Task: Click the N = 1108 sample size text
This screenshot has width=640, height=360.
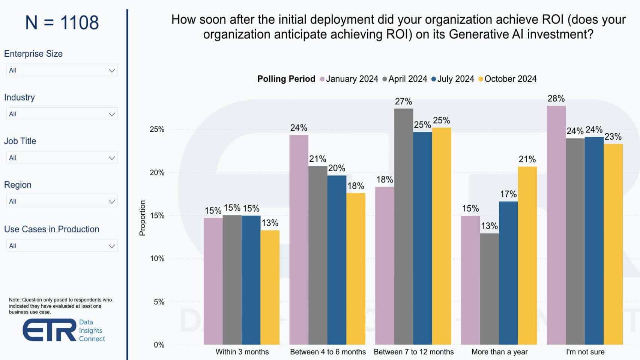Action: click(62, 23)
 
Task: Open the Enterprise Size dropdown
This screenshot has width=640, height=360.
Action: click(62, 70)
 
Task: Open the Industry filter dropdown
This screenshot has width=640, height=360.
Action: click(62, 114)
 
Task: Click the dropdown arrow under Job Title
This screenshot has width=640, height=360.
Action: click(111, 158)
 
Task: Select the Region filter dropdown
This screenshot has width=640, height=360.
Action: click(62, 202)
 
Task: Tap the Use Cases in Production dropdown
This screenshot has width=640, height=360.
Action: click(62, 246)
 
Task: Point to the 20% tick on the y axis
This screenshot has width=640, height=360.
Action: click(157, 173)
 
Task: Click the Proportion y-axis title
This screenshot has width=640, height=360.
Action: click(142, 218)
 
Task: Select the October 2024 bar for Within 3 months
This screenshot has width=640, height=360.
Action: click(270, 287)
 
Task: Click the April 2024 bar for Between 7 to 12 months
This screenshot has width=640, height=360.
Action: click(404, 226)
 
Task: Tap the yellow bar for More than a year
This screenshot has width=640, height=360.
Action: click(527, 255)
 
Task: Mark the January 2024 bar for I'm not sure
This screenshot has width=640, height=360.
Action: click(556, 225)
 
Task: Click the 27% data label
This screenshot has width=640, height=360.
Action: click(403, 101)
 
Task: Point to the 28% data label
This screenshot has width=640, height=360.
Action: click(556, 98)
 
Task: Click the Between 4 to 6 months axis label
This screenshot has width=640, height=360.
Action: click(328, 352)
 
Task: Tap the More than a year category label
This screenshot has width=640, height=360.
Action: click(499, 352)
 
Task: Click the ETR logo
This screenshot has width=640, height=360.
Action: click(50, 330)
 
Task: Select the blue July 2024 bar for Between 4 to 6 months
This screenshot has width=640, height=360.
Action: click(337, 260)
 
